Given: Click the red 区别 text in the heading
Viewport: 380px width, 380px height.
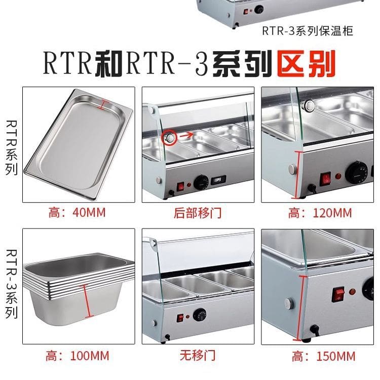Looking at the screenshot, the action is point(307,63).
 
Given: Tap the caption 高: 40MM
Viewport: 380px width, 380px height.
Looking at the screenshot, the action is point(77,212).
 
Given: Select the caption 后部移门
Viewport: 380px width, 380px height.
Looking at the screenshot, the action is point(198,213).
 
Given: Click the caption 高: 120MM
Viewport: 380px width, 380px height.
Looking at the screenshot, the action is point(320,213).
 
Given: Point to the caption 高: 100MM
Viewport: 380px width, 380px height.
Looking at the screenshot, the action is point(78,356).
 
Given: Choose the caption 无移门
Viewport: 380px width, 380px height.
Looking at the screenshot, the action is point(198,356).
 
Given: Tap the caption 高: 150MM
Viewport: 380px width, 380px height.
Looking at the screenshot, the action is point(324,357).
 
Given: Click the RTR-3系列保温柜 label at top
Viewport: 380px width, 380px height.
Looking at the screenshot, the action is point(308,31).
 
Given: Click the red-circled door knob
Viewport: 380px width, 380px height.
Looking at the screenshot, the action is point(169,138).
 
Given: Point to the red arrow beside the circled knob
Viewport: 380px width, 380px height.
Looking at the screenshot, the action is point(186,135).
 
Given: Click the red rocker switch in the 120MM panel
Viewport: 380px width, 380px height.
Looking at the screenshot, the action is point(325,179).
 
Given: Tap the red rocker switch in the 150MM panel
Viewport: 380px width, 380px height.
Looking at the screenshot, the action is point(338,294).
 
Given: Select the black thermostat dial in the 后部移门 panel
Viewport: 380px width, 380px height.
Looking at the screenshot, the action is point(201,182).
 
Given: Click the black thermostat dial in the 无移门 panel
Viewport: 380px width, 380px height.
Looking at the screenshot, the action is point(200,315).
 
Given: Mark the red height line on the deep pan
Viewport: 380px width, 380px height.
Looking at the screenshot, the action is point(86,301).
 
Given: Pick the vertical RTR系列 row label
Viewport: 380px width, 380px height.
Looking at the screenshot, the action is point(11,147).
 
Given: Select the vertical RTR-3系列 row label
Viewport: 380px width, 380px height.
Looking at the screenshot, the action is point(11,284).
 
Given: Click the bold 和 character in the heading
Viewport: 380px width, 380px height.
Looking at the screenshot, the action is point(108,64).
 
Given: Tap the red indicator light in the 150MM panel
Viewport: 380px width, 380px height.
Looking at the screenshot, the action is point(352,291).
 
